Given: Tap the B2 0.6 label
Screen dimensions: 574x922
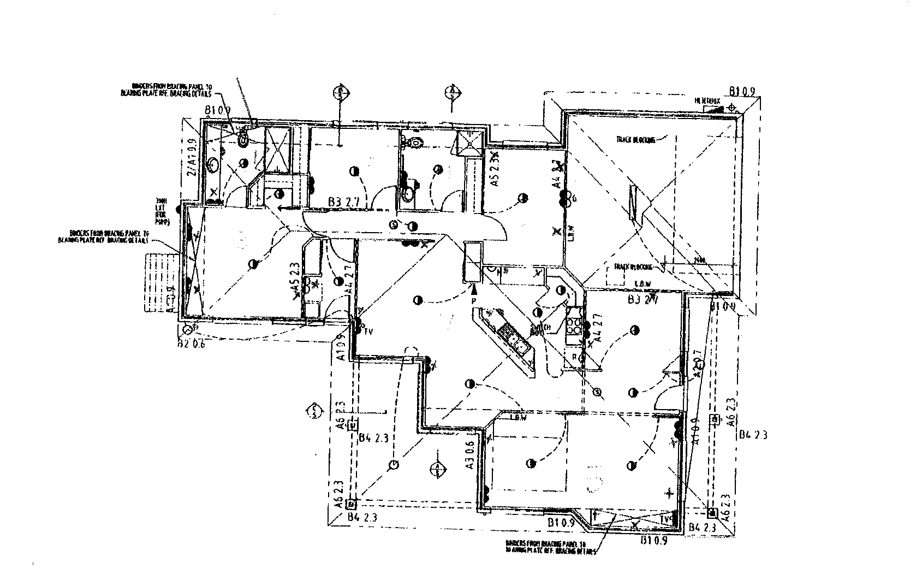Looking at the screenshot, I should pyautogui.click(x=191, y=344).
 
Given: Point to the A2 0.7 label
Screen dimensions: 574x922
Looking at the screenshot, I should pyautogui.click(x=696, y=363).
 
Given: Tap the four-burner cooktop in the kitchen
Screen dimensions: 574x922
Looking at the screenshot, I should pyautogui.click(x=574, y=326).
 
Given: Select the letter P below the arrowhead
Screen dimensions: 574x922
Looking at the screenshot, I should pyautogui.click(x=474, y=301).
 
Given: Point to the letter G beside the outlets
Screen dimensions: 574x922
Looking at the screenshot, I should pyautogui.click(x=574, y=199).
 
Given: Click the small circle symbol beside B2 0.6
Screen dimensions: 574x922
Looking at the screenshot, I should pyautogui.click(x=187, y=330).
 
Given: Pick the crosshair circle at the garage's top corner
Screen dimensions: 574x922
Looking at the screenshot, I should pyautogui.click(x=731, y=108).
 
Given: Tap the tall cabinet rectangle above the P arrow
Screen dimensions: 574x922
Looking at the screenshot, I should pyautogui.click(x=472, y=262).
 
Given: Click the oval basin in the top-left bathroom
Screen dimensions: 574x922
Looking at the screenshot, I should pyautogui.click(x=213, y=164).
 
